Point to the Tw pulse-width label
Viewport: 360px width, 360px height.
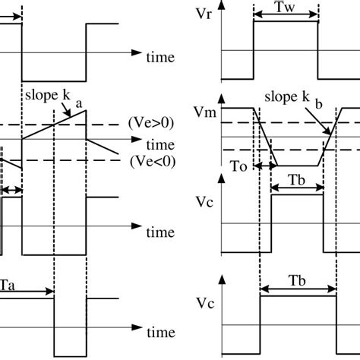click(x=285, y=8)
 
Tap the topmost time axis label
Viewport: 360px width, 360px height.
click(x=160, y=57)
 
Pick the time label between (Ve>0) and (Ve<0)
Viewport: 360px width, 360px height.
click(x=160, y=144)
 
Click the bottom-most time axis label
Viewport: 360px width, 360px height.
click(x=160, y=332)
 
